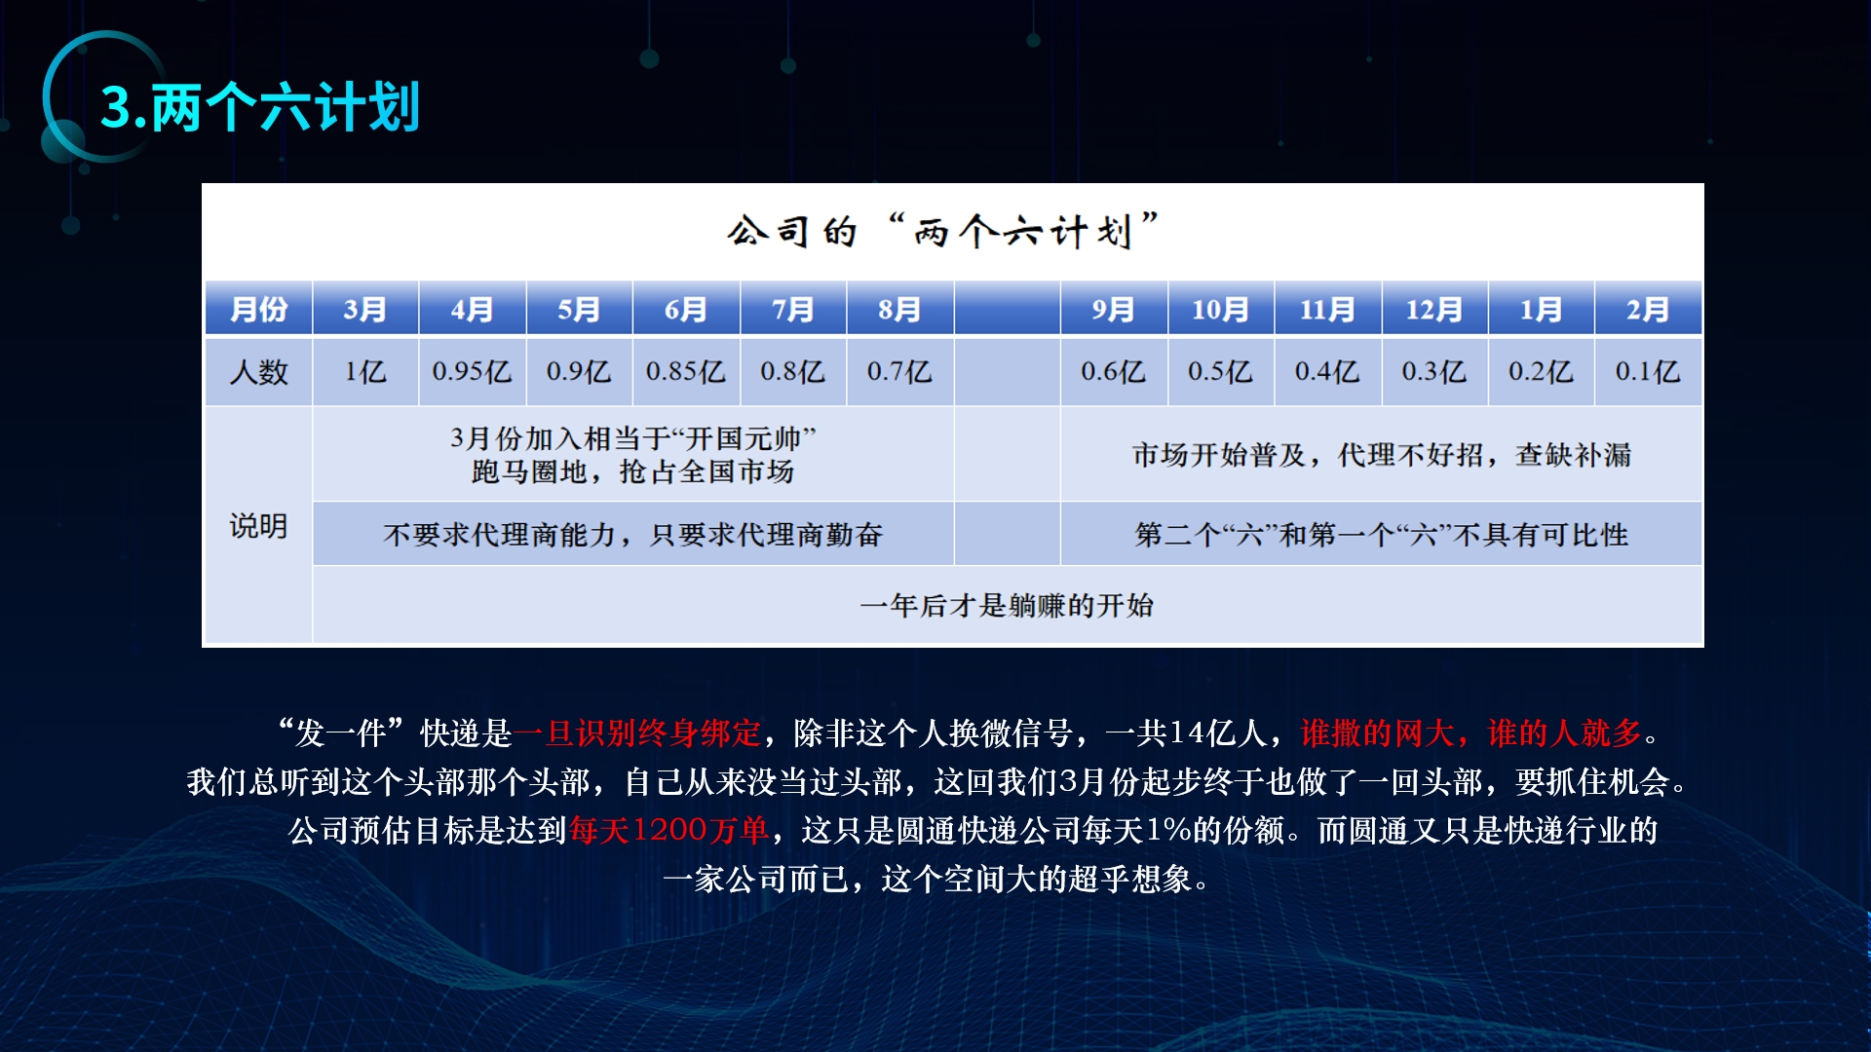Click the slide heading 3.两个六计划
coord(260,106)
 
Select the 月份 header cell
coord(258,309)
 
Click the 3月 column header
coord(365,309)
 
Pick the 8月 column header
coord(899,309)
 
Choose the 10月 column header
coord(1220,309)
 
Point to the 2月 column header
coord(1648,309)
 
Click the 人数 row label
coord(258,371)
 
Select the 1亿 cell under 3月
coord(365,371)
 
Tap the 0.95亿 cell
coord(472,371)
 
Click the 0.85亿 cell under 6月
coord(686,371)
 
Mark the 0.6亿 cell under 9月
coord(1114,371)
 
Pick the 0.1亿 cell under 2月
coord(1648,371)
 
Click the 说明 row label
coord(258,526)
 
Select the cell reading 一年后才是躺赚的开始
coord(1007,605)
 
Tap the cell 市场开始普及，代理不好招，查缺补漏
coord(1381,454)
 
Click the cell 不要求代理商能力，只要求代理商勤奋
coord(633,534)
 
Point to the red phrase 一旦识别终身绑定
coord(637,733)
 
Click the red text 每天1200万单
coord(669,830)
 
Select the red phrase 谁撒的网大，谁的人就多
coord(1471,733)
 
